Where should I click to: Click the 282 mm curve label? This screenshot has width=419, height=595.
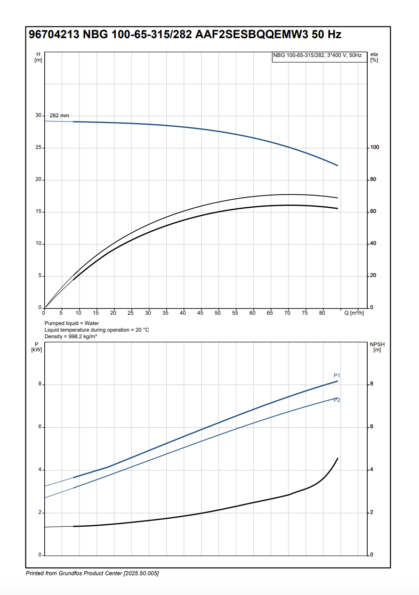pyautogui.click(x=59, y=115)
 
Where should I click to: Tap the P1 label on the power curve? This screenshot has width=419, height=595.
pyautogui.click(x=337, y=375)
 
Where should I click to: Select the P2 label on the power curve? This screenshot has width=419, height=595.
pyautogui.click(x=337, y=400)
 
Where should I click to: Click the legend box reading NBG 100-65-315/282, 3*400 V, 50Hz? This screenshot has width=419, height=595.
pyautogui.click(x=317, y=56)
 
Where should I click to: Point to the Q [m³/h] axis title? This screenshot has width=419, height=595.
pyautogui.click(x=354, y=313)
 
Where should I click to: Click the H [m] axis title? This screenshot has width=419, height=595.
pyautogui.click(x=38, y=57)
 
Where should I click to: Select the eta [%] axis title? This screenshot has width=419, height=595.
pyautogui.click(x=374, y=57)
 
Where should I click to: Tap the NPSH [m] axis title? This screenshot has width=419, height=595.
pyautogui.click(x=377, y=347)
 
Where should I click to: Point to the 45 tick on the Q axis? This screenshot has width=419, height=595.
pyautogui.click(x=201, y=313)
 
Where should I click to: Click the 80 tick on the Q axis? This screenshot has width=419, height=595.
pyautogui.click(x=322, y=313)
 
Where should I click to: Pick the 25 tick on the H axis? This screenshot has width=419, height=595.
pyautogui.click(x=39, y=147)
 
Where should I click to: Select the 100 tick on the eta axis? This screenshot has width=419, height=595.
pyautogui.click(x=374, y=147)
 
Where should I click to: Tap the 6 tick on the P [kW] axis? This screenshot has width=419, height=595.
pyautogui.click(x=40, y=427)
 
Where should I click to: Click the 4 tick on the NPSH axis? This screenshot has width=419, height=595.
pyautogui.click(x=371, y=470)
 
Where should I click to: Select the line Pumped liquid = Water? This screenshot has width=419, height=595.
pyautogui.click(x=72, y=323)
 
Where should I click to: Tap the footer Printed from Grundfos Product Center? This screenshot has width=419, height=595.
pyautogui.click(x=92, y=573)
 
